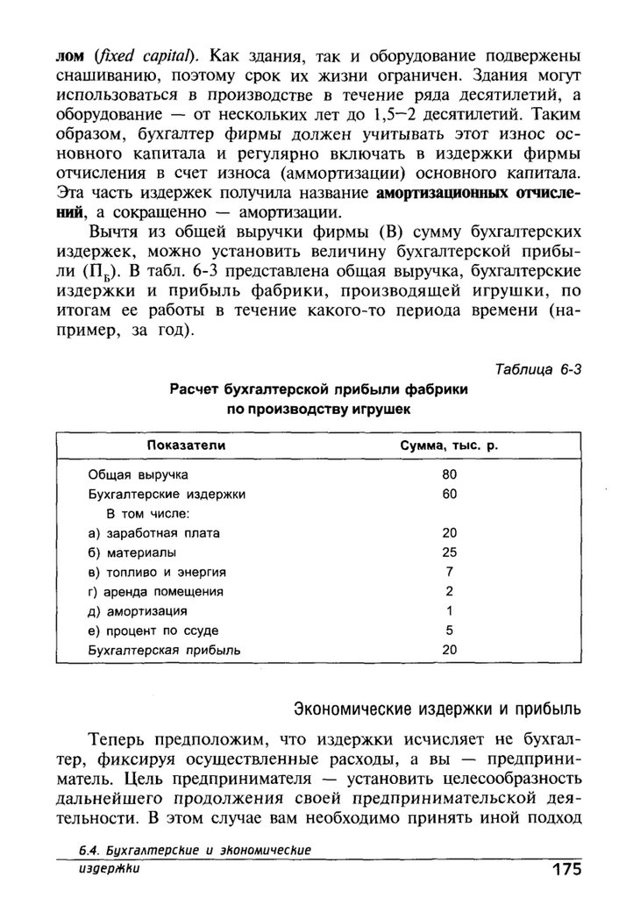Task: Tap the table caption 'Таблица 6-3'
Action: (x=537, y=369)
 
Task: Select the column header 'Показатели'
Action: (x=186, y=446)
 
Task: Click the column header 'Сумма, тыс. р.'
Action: (x=449, y=446)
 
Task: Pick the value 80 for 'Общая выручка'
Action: (x=449, y=475)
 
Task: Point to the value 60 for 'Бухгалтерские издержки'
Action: (x=449, y=494)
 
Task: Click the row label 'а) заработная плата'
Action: (x=154, y=533)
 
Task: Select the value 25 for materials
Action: (x=449, y=552)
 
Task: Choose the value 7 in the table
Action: (x=449, y=572)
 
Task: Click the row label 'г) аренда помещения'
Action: (x=156, y=591)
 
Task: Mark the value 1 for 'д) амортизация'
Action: (x=449, y=610)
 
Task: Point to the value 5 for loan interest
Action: (x=449, y=630)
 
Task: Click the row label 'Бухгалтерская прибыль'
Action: (x=164, y=650)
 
